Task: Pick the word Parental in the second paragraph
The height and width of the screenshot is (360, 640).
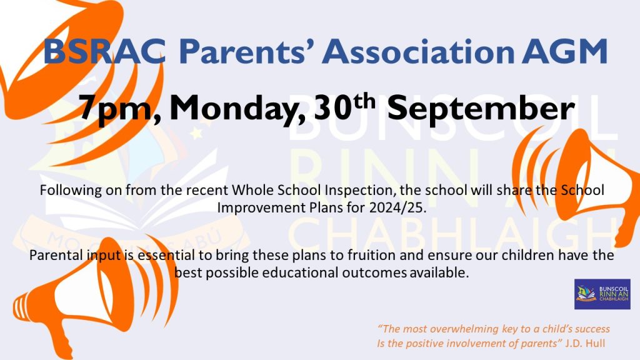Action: click(x=53, y=256)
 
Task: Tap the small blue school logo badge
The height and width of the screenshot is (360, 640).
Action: click(x=602, y=294)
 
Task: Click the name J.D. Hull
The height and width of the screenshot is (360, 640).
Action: click(x=587, y=343)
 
